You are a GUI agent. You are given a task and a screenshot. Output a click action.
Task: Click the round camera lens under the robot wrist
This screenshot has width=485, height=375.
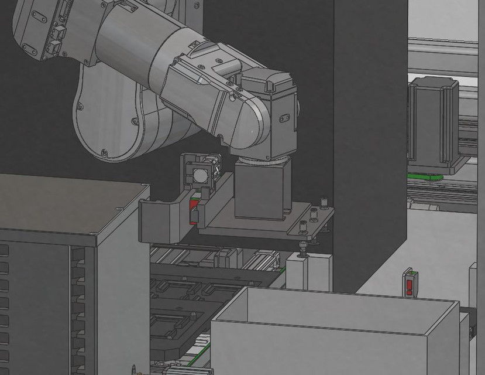point(199,175)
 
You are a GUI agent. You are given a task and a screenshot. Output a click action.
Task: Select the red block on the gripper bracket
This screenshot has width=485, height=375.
point(192,211)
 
